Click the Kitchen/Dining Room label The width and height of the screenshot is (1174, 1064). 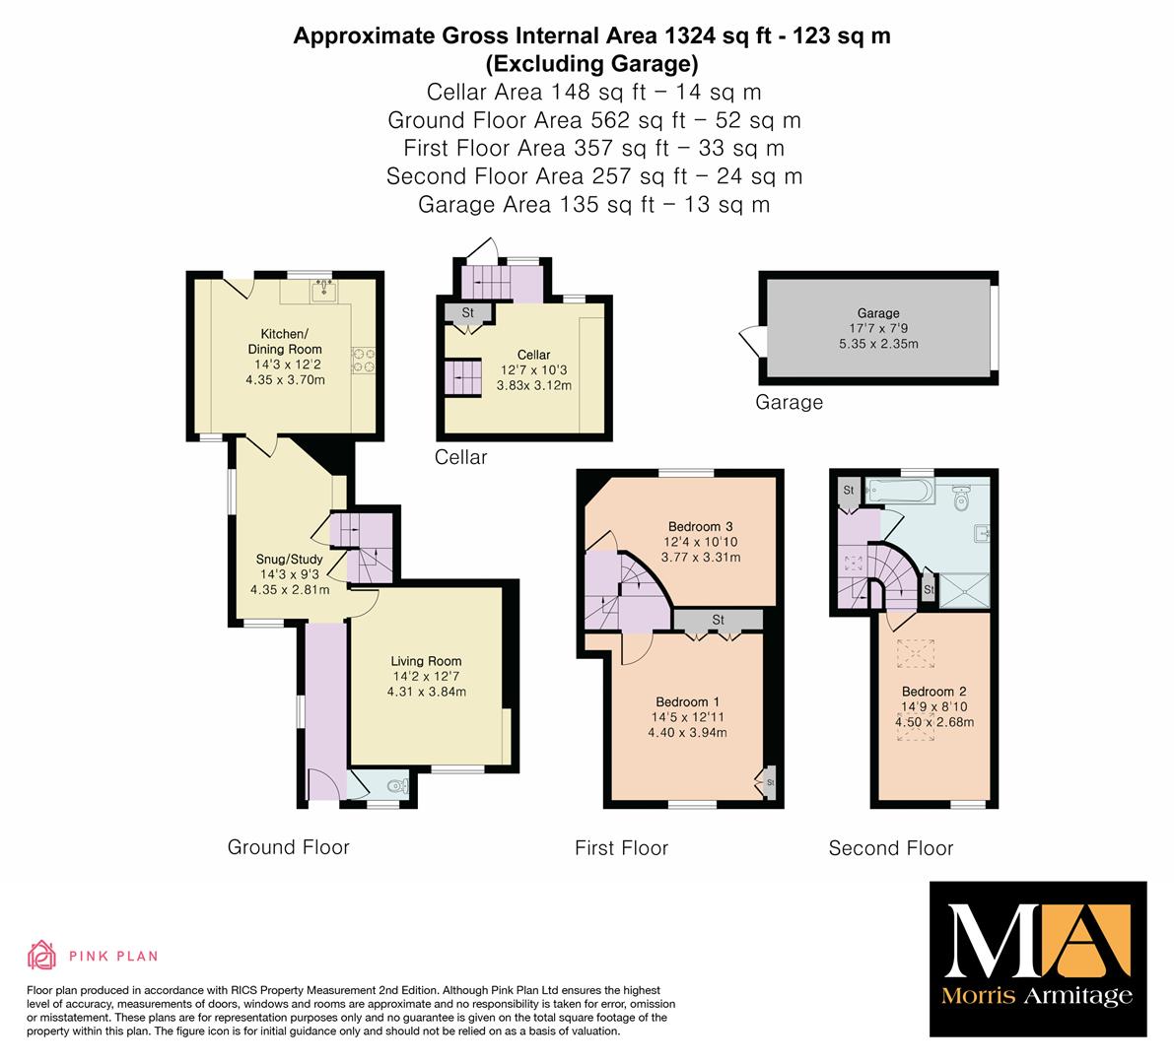pos(285,341)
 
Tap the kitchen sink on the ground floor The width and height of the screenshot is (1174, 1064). pos(324,291)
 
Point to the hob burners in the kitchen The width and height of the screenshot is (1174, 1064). pos(363,360)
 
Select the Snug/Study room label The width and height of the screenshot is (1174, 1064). pos(289,559)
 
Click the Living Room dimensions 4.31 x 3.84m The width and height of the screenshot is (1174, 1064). pos(426,693)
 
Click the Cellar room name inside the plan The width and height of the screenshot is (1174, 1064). pos(533,355)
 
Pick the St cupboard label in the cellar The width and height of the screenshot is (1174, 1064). pos(468,312)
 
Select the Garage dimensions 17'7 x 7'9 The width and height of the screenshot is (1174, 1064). pos(878,328)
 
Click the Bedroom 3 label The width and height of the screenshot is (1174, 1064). pos(700,527)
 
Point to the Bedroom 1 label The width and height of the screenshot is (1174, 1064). pos(687,701)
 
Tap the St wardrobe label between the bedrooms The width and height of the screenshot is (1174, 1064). pos(718,620)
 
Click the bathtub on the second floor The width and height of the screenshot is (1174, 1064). pos(899,491)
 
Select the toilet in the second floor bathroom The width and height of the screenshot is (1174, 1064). pos(963,498)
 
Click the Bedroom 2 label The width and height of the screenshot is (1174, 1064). pos(933,692)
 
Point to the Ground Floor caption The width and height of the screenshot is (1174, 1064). pos(288,847)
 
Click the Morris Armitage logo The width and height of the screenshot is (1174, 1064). pos(1038,960)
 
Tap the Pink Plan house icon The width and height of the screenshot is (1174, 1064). pos(42,956)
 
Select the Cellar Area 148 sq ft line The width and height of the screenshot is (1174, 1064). pos(593,92)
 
